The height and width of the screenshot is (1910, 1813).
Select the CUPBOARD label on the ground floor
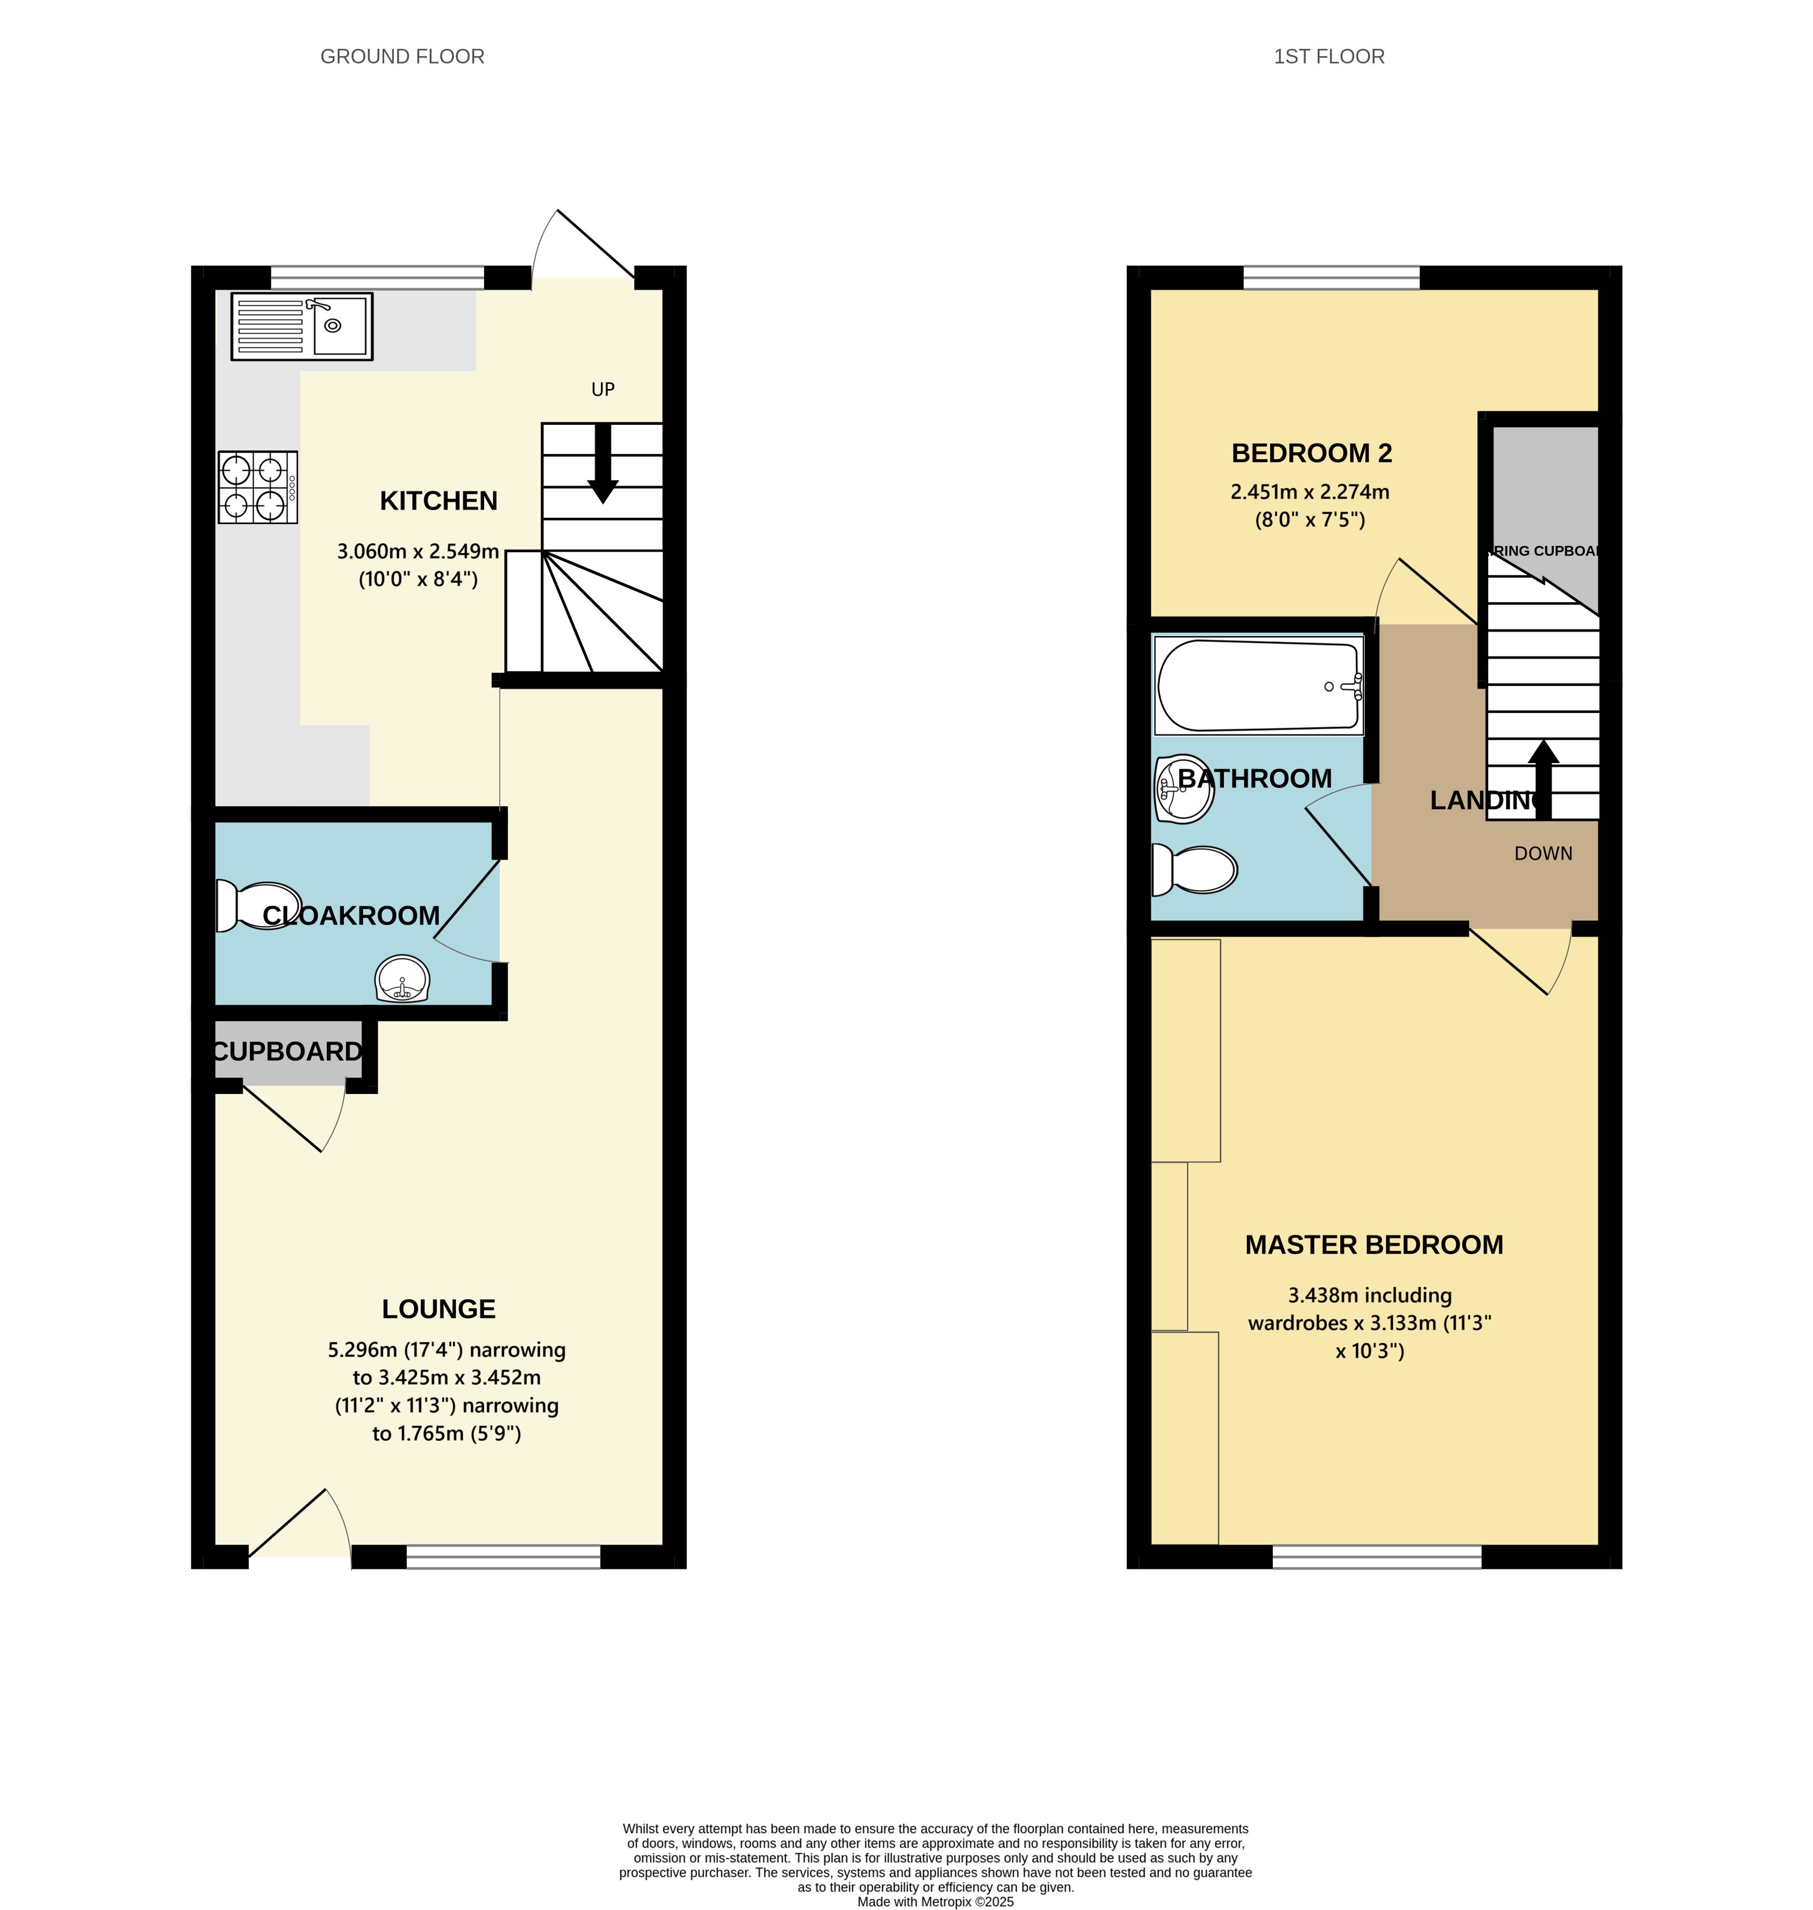[287, 1052]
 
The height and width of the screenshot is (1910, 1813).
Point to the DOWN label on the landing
[1543, 853]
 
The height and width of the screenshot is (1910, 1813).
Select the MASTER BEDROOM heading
[1373, 1245]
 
